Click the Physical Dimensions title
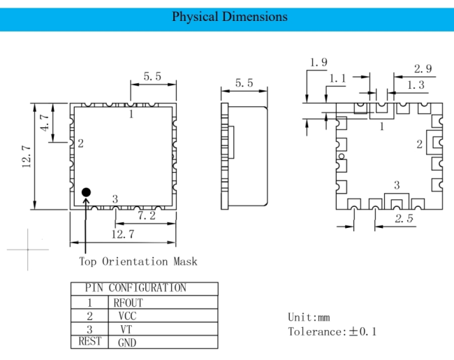(x=230, y=17)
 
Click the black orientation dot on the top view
(x=86, y=192)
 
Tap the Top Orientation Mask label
(x=138, y=261)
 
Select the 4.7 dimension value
(x=45, y=122)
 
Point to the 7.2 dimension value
(x=147, y=216)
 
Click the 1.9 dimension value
(x=318, y=62)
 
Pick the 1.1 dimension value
(x=337, y=78)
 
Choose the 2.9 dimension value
(x=423, y=69)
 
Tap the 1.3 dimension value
(x=416, y=85)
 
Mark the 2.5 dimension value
(x=404, y=218)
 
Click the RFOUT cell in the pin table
(x=129, y=303)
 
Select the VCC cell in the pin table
(x=127, y=316)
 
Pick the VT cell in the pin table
(x=126, y=329)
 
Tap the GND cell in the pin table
(x=127, y=343)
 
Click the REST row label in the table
(x=90, y=341)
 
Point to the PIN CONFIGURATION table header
(x=136, y=288)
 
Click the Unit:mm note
(x=309, y=317)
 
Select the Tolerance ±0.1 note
(x=332, y=331)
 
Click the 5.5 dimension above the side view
(x=244, y=83)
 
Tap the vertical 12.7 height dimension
(x=27, y=157)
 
